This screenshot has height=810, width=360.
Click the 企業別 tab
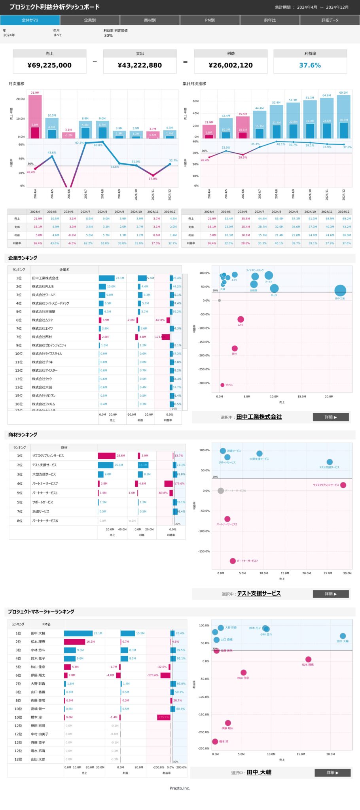pyautogui.click(x=90, y=20)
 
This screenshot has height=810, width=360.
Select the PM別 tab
pyautogui.click(x=210, y=20)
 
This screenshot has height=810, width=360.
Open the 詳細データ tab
pyautogui.click(x=330, y=20)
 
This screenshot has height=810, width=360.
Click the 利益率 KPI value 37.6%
pyautogui.click(x=310, y=65)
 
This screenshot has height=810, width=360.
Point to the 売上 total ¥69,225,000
pyautogui.click(x=49, y=65)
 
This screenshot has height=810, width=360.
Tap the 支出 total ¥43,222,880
pyautogui.click(x=140, y=65)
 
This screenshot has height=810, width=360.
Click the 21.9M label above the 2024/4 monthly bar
pyautogui.click(x=35, y=93)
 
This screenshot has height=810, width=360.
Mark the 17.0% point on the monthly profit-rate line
pyautogui.click(x=153, y=175)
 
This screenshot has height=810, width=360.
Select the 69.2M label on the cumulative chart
pyautogui.click(x=343, y=93)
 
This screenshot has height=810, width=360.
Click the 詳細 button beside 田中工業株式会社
pyautogui.click(x=331, y=417)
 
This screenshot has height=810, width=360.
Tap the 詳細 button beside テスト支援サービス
pyautogui.click(x=331, y=594)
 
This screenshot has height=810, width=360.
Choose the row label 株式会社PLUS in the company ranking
pyautogui.click(x=43, y=286)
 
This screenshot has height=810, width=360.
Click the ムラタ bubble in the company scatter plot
pyautogui.click(x=241, y=319)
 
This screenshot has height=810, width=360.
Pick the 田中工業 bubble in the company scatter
pyautogui.click(x=340, y=291)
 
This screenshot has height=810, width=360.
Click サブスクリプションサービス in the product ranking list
pyautogui.click(x=48, y=456)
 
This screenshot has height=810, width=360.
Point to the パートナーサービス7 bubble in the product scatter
pyautogui.click(x=233, y=561)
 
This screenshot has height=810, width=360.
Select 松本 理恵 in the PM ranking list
pyautogui.click(x=38, y=642)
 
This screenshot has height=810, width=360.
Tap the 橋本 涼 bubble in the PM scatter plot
pyautogui.click(x=215, y=742)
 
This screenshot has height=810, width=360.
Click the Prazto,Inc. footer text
pyautogui.click(x=180, y=788)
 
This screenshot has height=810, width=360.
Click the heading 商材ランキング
pyautogui.click(x=23, y=435)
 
